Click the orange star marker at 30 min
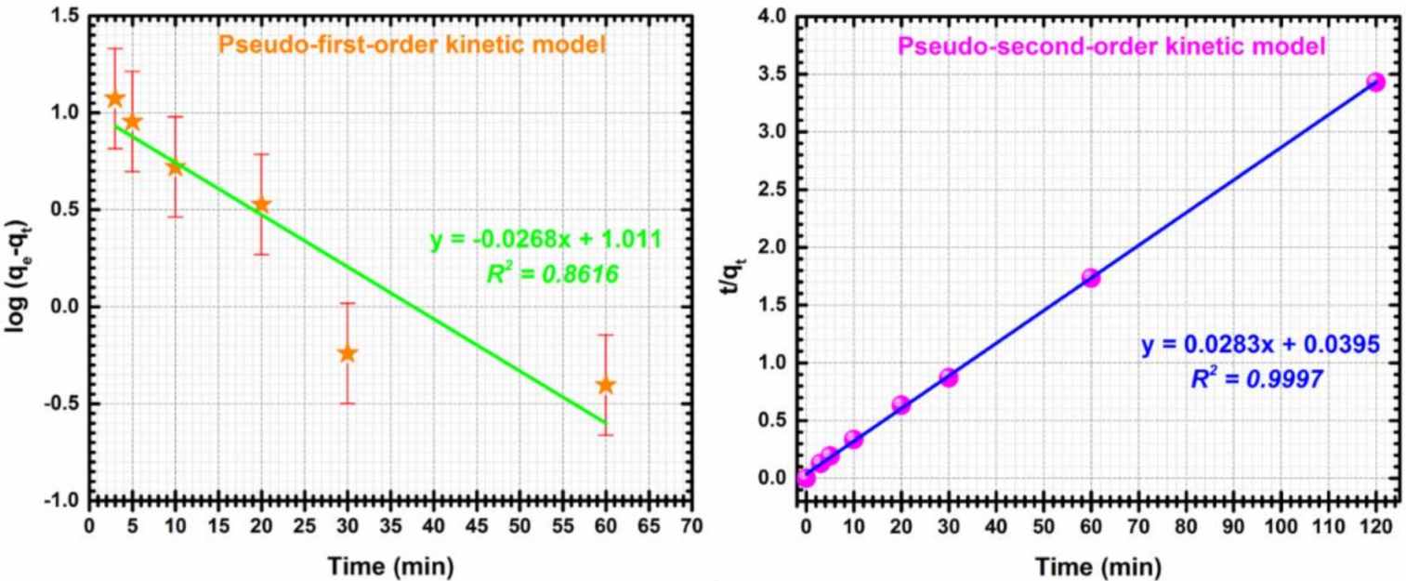(x=348, y=353)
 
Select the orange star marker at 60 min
(x=606, y=385)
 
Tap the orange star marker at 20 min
(x=262, y=205)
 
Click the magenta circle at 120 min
(x=1375, y=83)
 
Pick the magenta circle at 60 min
(x=1091, y=278)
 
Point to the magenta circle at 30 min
(x=948, y=377)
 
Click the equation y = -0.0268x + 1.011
(x=545, y=240)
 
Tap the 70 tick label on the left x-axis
(x=690, y=525)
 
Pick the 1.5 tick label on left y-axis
(x=62, y=15)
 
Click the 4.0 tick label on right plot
(x=771, y=15)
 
